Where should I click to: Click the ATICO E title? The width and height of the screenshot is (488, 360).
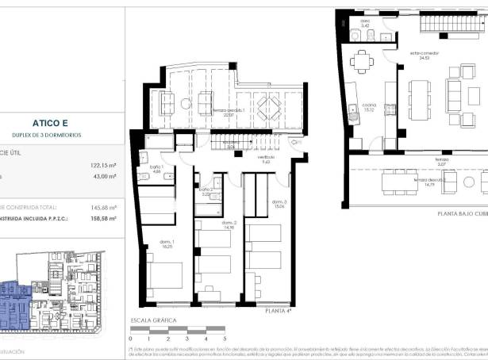pos(54,123)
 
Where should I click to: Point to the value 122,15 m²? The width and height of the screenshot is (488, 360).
pos(102,166)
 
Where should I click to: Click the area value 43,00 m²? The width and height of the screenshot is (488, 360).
pos(105,177)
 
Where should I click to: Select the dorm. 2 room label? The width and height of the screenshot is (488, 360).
pos(229,224)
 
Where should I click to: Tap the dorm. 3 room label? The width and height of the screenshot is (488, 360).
pos(279,204)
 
